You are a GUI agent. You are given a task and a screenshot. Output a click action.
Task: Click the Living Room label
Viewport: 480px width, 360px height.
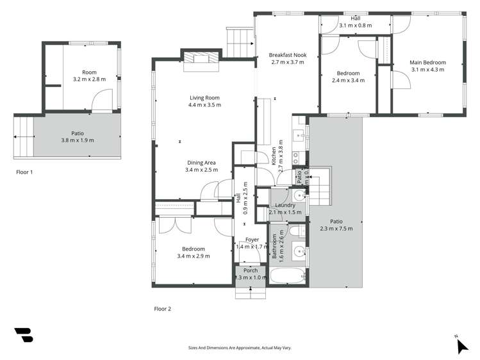(x=204, y=97)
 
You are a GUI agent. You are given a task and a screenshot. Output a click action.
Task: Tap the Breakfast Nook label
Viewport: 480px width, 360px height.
(x=288, y=55)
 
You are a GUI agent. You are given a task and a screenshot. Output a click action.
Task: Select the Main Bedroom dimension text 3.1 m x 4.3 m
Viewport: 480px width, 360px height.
(x=427, y=69)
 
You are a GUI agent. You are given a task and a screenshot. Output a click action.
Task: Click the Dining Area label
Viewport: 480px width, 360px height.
(x=202, y=163)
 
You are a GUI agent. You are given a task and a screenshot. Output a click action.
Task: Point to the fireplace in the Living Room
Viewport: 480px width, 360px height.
(x=201, y=58)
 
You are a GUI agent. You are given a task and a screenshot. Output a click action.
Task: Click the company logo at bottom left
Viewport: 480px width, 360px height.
(x=23, y=335)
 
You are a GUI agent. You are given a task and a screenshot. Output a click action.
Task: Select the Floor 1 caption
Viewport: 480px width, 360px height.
(x=24, y=172)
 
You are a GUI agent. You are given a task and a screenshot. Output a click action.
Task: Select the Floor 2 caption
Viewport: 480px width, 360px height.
(x=163, y=309)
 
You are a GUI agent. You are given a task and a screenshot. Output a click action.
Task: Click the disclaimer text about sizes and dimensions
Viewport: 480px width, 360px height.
(x=240, y=347)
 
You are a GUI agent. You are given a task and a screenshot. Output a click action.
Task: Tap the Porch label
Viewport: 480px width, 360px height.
(x=250, y=270)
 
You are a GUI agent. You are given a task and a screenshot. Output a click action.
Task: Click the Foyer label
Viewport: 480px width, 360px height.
(x=252, y=240)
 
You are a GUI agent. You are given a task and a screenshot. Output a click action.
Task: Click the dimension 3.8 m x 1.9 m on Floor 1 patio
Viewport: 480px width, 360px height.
(x=78, y=140)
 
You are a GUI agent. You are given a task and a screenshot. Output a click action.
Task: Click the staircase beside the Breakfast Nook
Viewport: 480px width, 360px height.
(x=240, y=41)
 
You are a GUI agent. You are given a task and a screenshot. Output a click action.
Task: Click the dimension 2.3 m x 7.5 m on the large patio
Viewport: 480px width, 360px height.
(x=336, y=228)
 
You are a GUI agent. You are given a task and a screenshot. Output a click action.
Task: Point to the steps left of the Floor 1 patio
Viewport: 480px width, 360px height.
(x=23, y=137)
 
